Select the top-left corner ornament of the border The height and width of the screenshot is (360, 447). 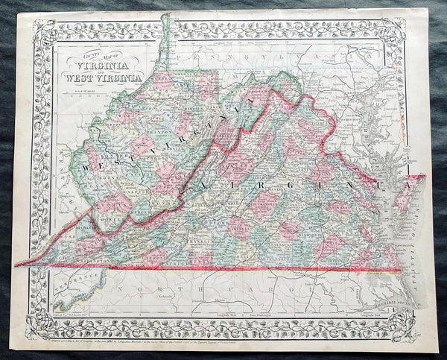(x=42, y=30)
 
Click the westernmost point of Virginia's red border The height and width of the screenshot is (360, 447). (x=16, y=264)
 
